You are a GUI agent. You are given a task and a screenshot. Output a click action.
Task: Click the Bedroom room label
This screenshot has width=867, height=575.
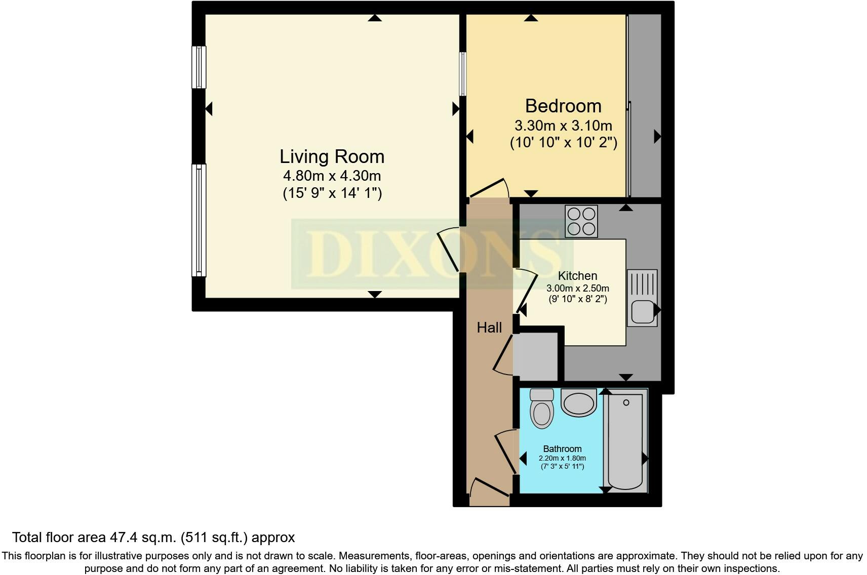pos(563,106)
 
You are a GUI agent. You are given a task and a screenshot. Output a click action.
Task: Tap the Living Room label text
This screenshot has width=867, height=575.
pos(332,156)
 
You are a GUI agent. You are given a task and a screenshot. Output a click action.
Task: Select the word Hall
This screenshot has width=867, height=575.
pos(489,327)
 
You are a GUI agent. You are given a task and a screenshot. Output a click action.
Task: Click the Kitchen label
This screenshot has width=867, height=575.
pos(577,276)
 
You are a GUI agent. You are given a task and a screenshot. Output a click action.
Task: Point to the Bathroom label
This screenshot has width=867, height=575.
pos(562,448)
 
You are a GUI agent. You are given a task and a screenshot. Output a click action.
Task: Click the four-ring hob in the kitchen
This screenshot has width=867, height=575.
pos(581,221)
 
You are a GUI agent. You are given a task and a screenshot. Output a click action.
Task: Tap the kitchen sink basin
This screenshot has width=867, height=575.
pos(642,311)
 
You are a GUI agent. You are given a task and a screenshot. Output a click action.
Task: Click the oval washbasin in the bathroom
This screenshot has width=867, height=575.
pos(578,403)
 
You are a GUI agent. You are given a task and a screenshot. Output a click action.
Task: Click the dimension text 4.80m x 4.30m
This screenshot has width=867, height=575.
pos(332,176)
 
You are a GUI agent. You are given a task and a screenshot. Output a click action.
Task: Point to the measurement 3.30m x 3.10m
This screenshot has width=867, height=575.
pos(563,125)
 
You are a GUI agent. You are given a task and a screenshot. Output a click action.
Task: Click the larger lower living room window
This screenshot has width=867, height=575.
pos(199,220)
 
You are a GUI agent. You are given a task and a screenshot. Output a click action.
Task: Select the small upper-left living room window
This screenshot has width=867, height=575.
pos(199,67)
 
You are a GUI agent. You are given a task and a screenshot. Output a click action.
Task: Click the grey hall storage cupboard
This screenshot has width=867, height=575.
pos(536,356)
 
